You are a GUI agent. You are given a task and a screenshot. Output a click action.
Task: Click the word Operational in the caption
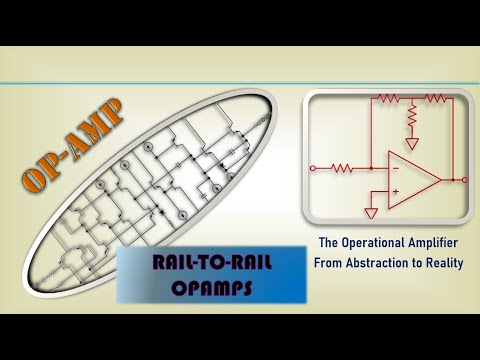tap(375, 242)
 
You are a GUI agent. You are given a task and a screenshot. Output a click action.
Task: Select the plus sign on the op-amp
tap(395, 190)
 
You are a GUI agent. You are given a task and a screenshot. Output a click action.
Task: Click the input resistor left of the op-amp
tap(341, 168)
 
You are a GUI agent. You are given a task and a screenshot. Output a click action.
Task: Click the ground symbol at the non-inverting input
tap(372, 212)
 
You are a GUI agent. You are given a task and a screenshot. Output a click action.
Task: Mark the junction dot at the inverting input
tap(371, 168)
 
